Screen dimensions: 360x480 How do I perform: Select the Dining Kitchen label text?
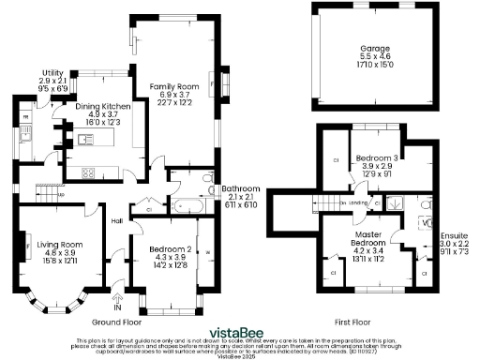pos(103,107)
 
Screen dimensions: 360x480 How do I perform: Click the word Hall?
pos(117,221)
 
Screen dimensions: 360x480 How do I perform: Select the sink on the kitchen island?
pos(86,140)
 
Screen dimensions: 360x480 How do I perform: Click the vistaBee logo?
pos(240,331)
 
